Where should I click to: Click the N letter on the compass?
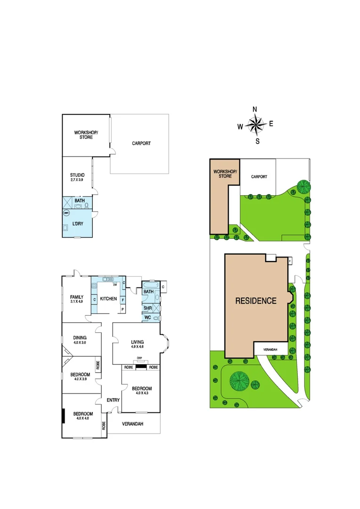[x=255, y=109]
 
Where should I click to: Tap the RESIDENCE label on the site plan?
[x=256, y=301]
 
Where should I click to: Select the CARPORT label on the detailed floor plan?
[x=141, y=143]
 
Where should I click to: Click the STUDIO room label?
[x=77, y=176]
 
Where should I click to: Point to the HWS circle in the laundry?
[x=66, y=213]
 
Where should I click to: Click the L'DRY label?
[x=77, y=224]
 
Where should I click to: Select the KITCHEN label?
[x=108, y=299]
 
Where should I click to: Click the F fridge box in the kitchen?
[x=123, y=299]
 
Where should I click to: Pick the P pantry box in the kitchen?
[x=123, y=309]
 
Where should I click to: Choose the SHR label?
[x=147, y=308]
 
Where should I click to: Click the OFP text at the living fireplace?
[x=139, y=359]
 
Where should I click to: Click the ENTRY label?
[x=113, y=400]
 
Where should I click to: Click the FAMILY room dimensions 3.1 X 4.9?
[x=77, y=302]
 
